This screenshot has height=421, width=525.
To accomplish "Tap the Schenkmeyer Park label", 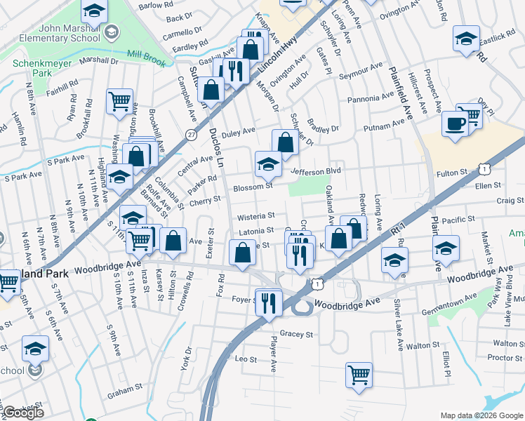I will [34, 67].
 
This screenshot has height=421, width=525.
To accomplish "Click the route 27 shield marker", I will [191, 135].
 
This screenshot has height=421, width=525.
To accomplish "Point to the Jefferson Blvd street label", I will [315, 171].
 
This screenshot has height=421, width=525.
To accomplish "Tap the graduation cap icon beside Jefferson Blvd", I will [267, 165].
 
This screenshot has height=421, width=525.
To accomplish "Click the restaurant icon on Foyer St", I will [268, 302].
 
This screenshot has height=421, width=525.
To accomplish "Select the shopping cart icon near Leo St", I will [359, 374].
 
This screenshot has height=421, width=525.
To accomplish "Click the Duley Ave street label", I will [238, 132].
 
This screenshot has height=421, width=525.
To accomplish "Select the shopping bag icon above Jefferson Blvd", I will [285, 142].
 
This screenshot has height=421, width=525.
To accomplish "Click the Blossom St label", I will [253, 187].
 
